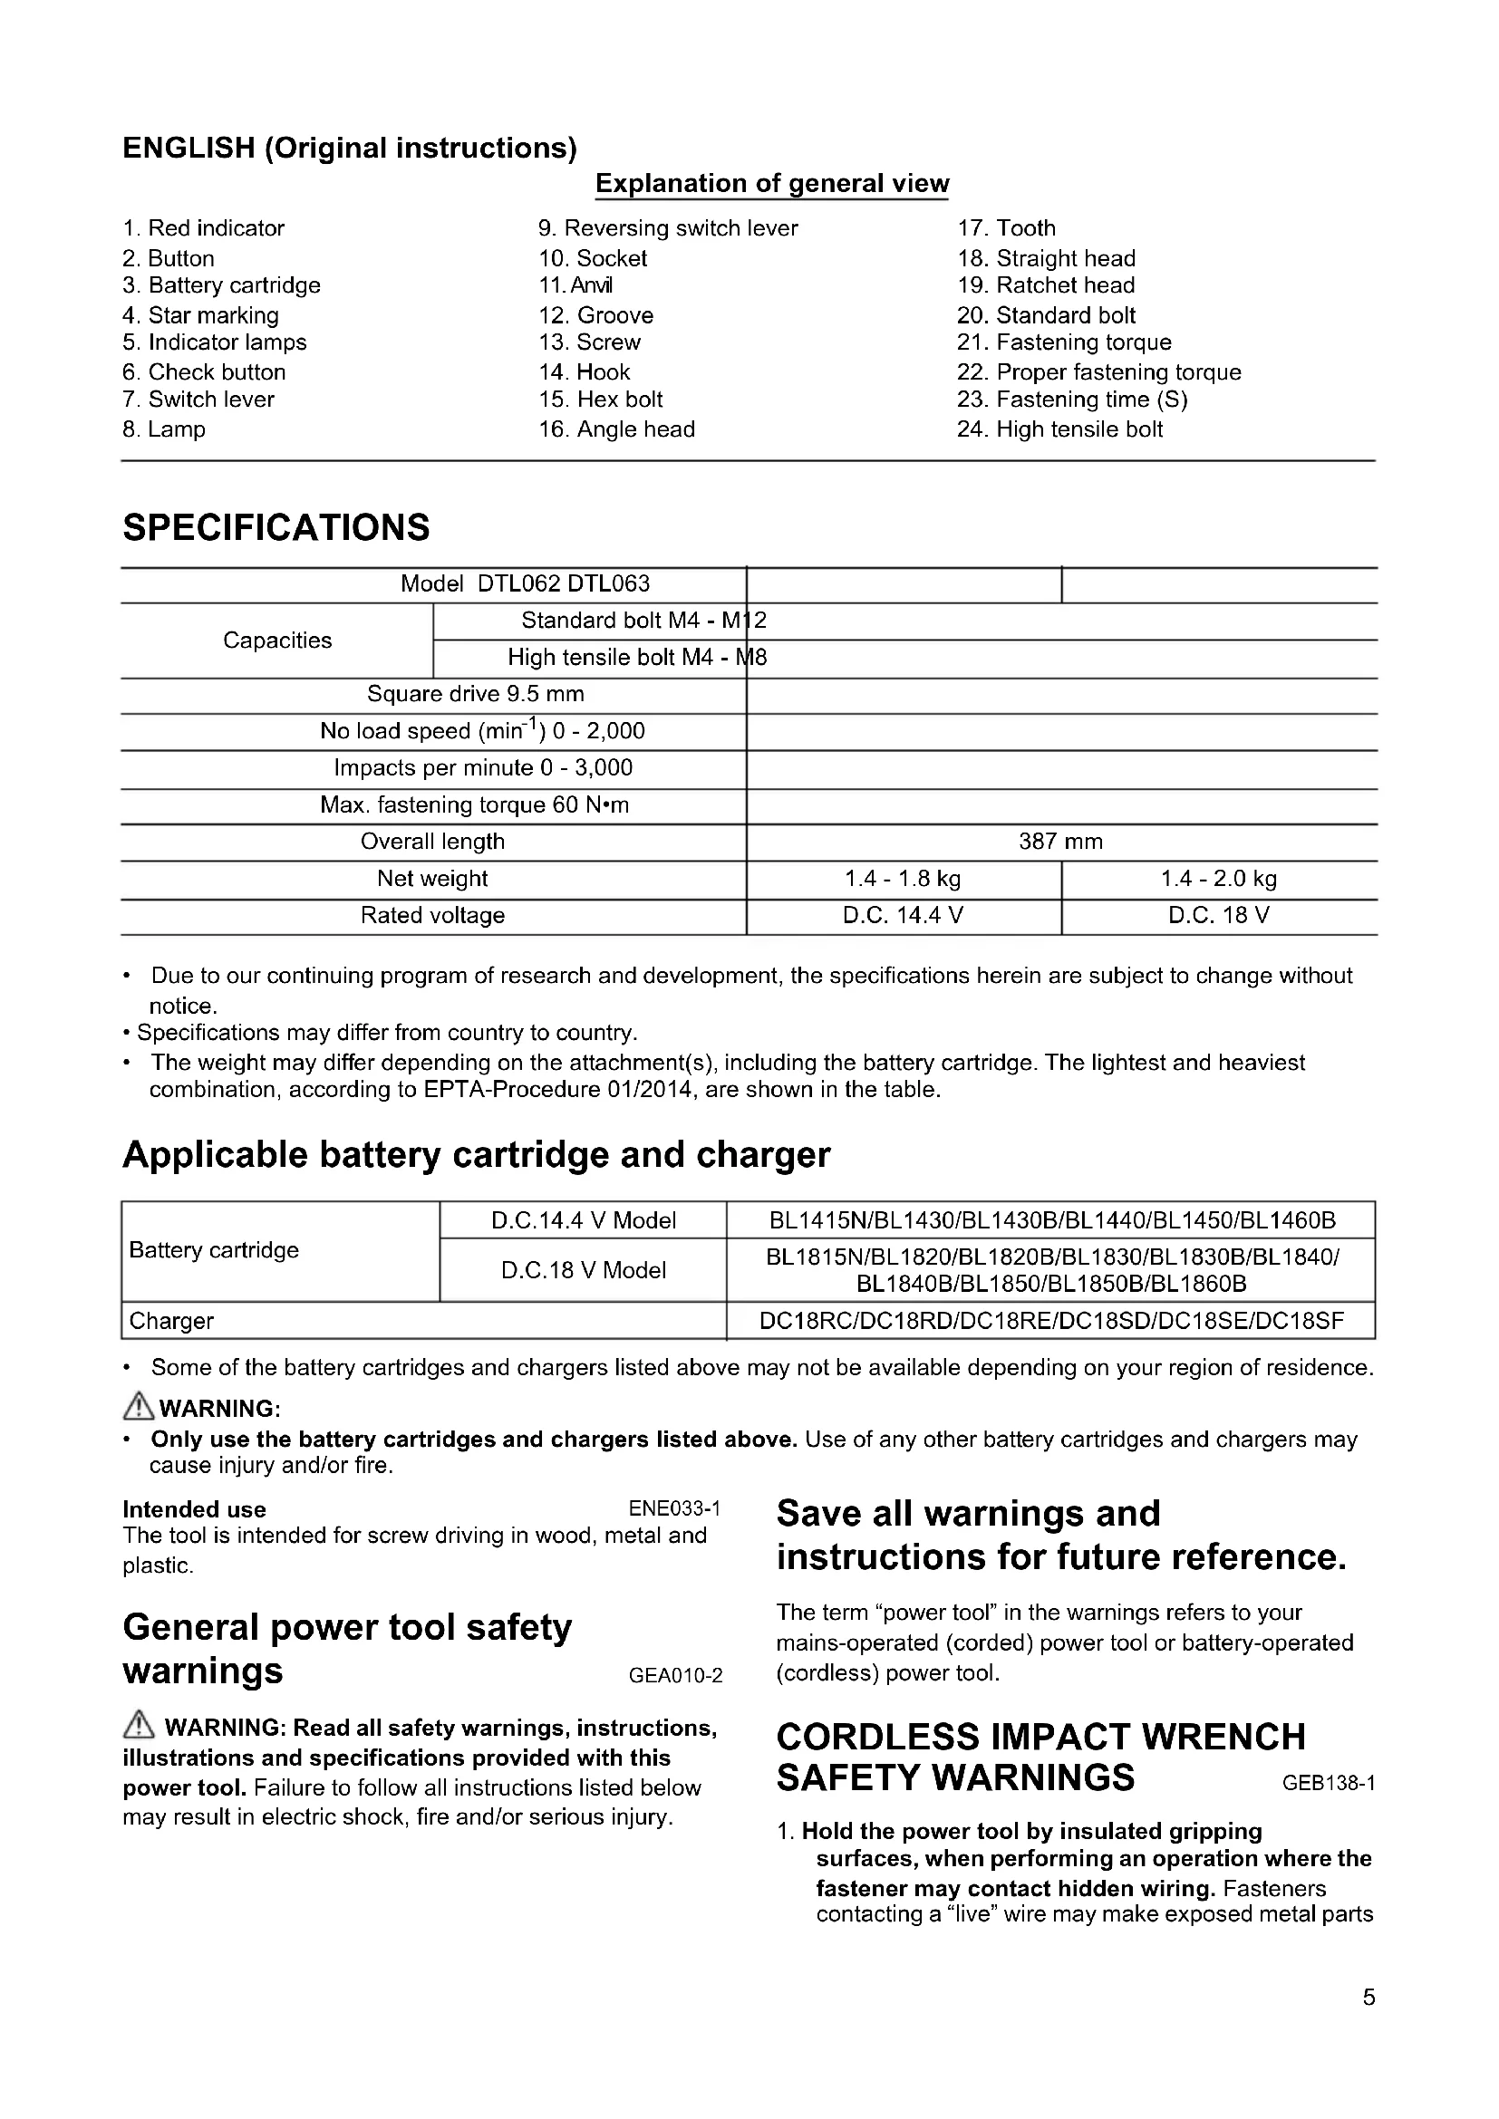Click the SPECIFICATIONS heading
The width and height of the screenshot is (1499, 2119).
pos(276,528)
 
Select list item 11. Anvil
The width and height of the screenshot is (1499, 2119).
pos(576,286)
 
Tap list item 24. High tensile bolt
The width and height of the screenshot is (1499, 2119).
pos(1059,429)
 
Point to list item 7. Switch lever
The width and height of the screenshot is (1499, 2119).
pos(198,400)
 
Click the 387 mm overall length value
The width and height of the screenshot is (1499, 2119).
pos(1060,842)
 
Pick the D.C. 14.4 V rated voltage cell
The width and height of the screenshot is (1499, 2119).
pos(903,916)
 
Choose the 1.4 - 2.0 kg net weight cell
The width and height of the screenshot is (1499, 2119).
pos(1218,879)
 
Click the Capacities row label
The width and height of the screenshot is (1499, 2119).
pos(277,641)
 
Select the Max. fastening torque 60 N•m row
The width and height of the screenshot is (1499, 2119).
pos(474,804)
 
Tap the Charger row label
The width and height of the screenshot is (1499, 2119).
pos(171,1321)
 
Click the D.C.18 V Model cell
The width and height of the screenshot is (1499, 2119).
pos(584,1270)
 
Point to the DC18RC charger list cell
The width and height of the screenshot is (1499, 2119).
pos(1050,1321)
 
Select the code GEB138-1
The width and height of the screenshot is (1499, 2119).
pos(1329,1783)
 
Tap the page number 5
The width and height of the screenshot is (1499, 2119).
pos(1368,1998)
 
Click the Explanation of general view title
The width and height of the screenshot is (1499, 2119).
pos(771,184)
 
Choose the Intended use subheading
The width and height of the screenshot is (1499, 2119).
pos(195,1510)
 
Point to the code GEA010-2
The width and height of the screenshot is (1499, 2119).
pos(675,1675)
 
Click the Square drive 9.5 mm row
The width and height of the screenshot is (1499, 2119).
pos(476,694)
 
